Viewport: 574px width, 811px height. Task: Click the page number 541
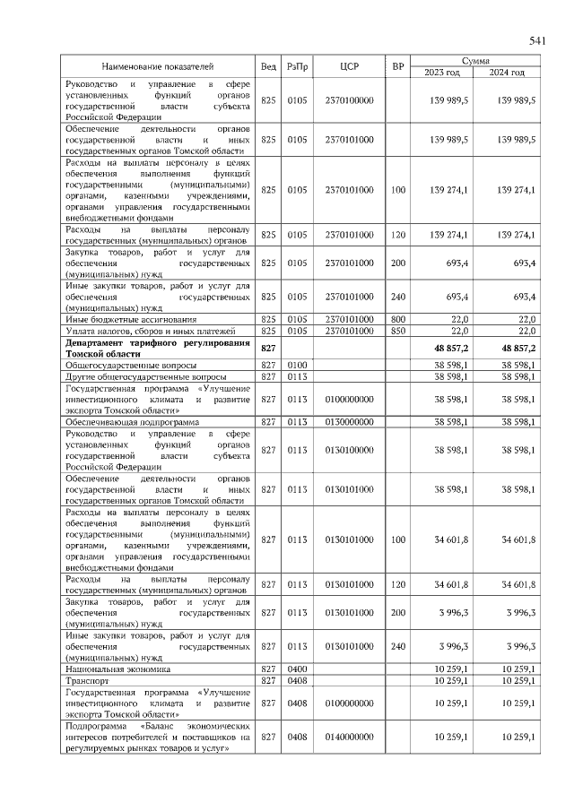click(538, 40)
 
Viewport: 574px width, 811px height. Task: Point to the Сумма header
click(475, 60)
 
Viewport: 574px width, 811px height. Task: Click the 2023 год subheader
click(441, 73)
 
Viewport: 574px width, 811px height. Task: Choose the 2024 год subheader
click(508, 73)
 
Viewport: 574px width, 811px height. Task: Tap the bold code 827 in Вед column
click(267, 348)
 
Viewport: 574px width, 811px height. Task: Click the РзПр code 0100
click(297, 366)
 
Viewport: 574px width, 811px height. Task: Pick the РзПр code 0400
click(297, 669)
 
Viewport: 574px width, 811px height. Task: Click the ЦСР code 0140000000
click(349, 736)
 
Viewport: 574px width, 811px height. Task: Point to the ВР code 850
click(398, 331)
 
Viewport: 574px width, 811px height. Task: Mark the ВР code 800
click(398, 319)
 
